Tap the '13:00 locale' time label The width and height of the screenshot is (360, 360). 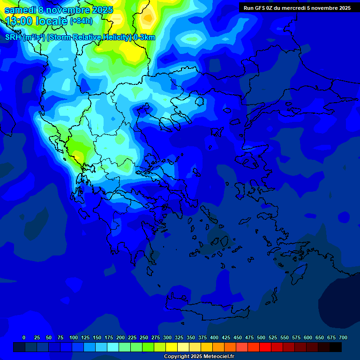coord(36,21)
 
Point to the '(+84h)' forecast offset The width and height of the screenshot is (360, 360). coord(81,21)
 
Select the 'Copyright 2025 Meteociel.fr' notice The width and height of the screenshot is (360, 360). coord(199,356)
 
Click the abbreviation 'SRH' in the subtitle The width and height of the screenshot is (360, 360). coord(14,37)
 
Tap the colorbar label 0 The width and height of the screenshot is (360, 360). coord(24,337)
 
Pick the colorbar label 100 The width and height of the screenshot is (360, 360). coord(74,337)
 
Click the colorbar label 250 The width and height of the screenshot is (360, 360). coord(144,337)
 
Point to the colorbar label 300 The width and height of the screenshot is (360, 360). coord(167,337)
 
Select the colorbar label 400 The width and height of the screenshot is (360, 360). coord(214,337)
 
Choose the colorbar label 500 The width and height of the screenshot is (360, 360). coord(261,337)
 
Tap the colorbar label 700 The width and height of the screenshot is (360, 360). coord(343,337)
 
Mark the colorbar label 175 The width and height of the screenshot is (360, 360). coord(109,337)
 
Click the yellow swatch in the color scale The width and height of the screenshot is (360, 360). coord(172,347)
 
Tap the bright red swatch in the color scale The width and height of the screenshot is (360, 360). coord(265,347)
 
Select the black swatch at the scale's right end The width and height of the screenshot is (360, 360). coord(336,347)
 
